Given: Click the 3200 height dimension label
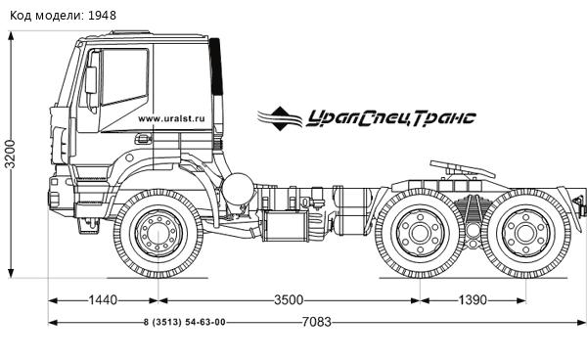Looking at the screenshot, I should (11, 152).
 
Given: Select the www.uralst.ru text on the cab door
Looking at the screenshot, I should (176, 117).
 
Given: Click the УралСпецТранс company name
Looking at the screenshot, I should (391, 117).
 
